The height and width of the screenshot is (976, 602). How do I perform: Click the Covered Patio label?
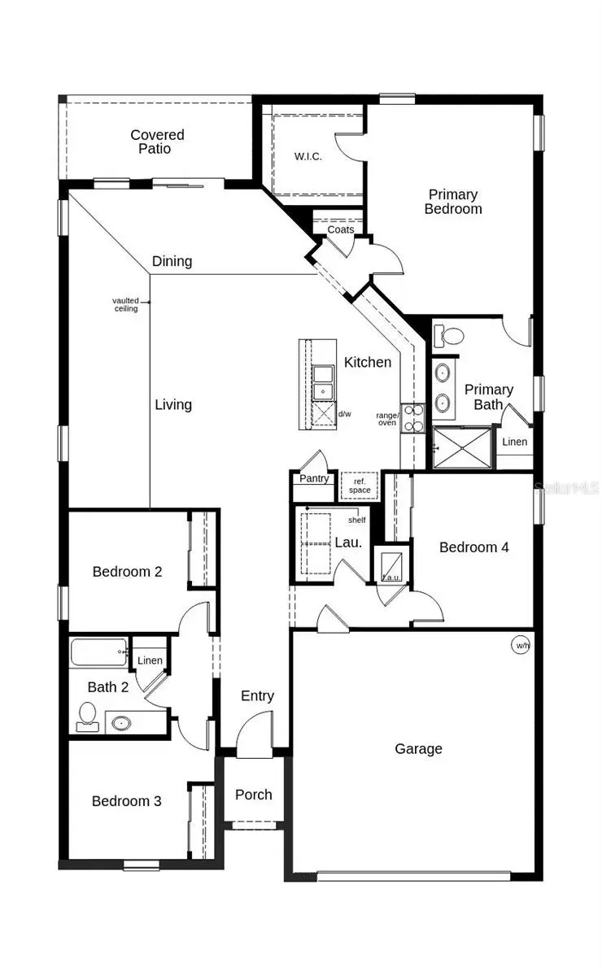pos(157,142)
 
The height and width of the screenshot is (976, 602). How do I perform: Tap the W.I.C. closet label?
pos(308,156)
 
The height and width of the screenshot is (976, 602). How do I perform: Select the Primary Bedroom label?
pos(453,202)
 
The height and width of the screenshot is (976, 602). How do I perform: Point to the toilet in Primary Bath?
pos(448,336)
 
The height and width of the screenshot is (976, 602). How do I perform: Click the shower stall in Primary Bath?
pos(462,447)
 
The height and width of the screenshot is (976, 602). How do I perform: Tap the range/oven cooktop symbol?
pos(412,418)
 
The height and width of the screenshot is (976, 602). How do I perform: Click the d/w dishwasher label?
pos(344,413)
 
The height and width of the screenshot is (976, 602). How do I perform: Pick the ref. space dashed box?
pos(360,486)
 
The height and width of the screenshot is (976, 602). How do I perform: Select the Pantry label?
pos(314,478)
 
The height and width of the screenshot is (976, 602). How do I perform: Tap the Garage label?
pos(418,748)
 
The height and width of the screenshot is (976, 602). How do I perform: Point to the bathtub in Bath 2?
pos(99,651)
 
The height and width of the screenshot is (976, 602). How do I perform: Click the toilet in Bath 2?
pos(87,717)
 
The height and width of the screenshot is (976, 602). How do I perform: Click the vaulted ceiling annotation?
pos(125,304)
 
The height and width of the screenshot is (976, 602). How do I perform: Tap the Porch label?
pos(254,795)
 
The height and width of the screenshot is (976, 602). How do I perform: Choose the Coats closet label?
pos(340,229)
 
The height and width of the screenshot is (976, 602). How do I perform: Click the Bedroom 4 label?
pos(473,547)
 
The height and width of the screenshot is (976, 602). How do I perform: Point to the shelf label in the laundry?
pos(356,520)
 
